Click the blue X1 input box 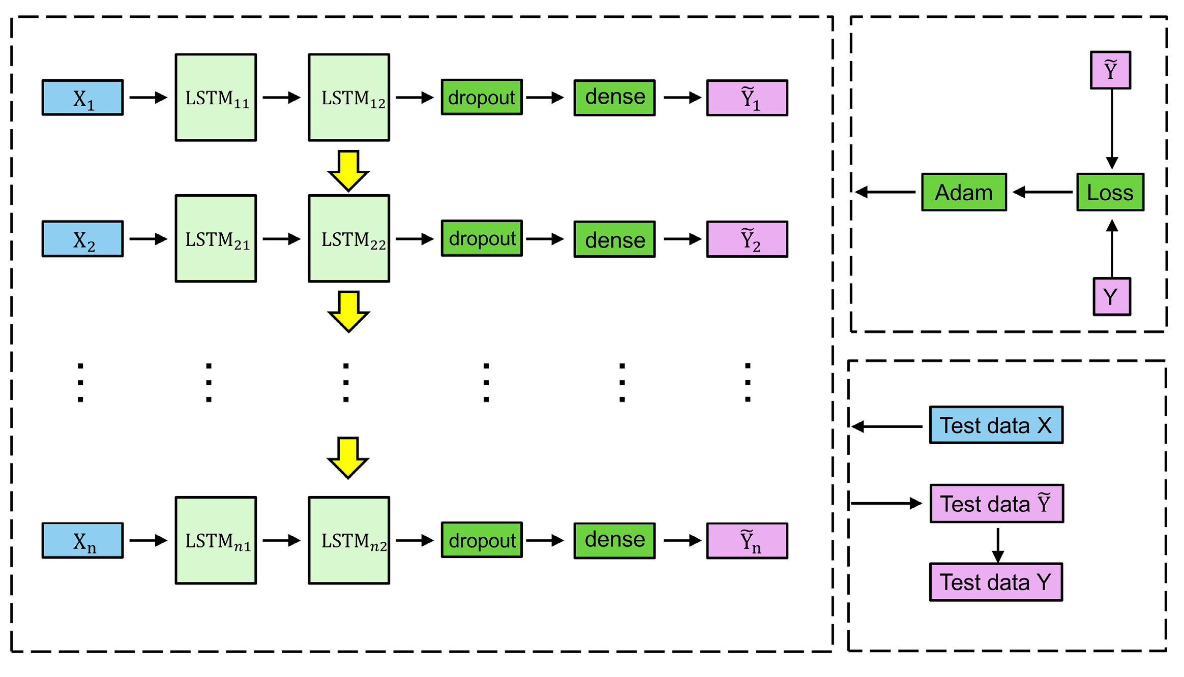pos(82,98)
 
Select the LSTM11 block pos(216,98)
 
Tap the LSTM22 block pos(349,238)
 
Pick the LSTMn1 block pos(216,540)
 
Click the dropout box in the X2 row pos(482,238)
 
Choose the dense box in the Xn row pos(614,540)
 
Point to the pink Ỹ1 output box pos(747,98)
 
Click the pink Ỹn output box pos(747,541)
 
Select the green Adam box pos(964,192)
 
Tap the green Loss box pos(1110,192)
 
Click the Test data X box pos(996,425)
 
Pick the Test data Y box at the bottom pos(996,582)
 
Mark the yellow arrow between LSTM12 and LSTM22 pos(348,171)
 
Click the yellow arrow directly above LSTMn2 pos(348,457)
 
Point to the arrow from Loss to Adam pos(1043,192)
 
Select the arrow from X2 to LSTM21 pos(149,239)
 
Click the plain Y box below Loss pos(1112,296)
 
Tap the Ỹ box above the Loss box pos(1110,70)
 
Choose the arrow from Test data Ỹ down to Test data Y pos(998,545)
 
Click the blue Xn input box pos(82,540)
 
